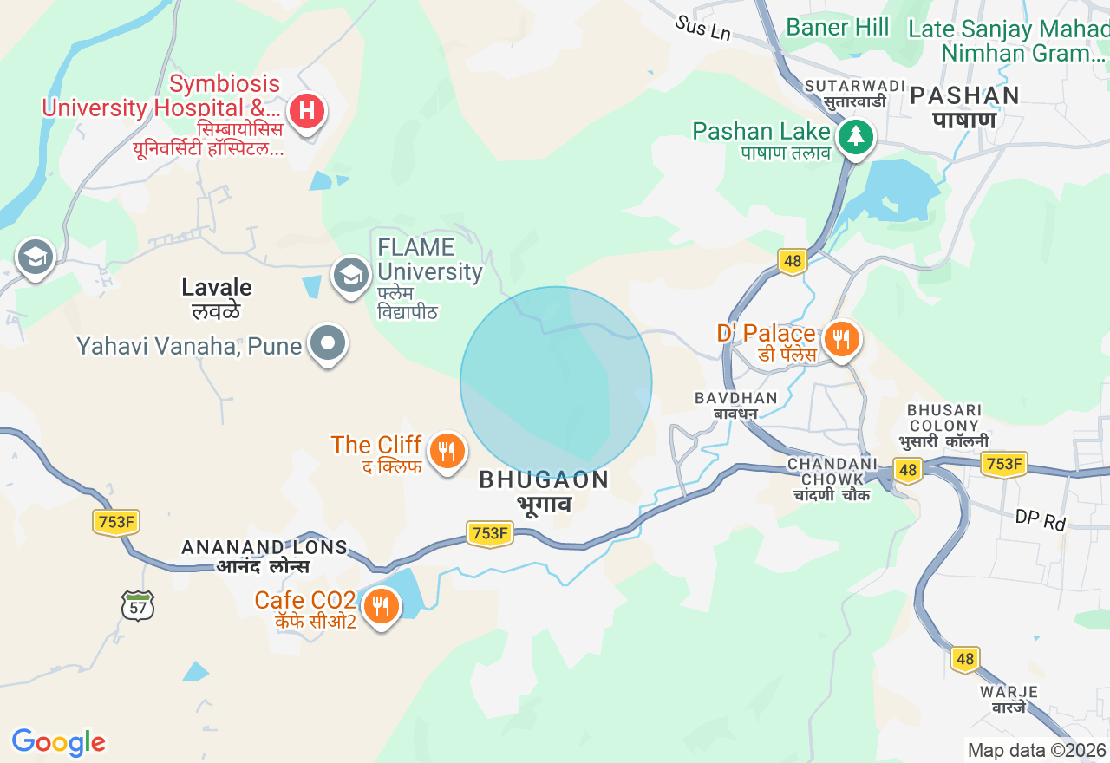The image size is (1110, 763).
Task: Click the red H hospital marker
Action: (306, 111)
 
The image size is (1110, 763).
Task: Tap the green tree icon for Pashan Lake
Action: (856, 136)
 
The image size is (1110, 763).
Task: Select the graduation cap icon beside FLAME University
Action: (350, 275)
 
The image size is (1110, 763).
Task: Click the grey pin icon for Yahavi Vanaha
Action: (328, 342)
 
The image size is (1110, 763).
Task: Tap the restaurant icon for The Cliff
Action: (447, 451)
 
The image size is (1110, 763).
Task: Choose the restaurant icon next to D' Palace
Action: (840, 339)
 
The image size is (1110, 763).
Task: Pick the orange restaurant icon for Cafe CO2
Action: (381, 605)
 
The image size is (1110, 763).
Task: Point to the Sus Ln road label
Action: (703, 28)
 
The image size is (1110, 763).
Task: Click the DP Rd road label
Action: (1041, 521)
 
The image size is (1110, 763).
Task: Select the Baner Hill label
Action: (838, 28)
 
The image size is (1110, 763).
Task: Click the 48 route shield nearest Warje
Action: (965, 659)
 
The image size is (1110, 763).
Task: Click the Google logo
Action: (58, 743)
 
